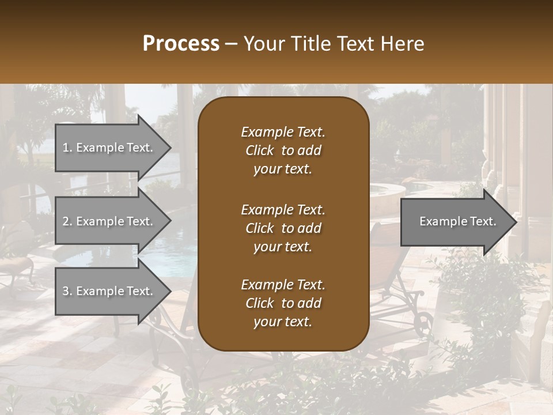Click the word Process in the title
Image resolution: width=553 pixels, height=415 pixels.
point(181,44)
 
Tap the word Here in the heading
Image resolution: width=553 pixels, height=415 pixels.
point(402,44)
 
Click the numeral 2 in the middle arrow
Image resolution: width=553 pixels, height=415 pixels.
point(66,221)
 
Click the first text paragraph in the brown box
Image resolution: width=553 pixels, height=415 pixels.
point(283,150)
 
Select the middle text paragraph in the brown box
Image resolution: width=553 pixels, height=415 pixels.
point(283,228)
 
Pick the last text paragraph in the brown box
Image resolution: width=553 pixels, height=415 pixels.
point(283,303)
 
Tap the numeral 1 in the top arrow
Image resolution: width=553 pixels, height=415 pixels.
point(65,148)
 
